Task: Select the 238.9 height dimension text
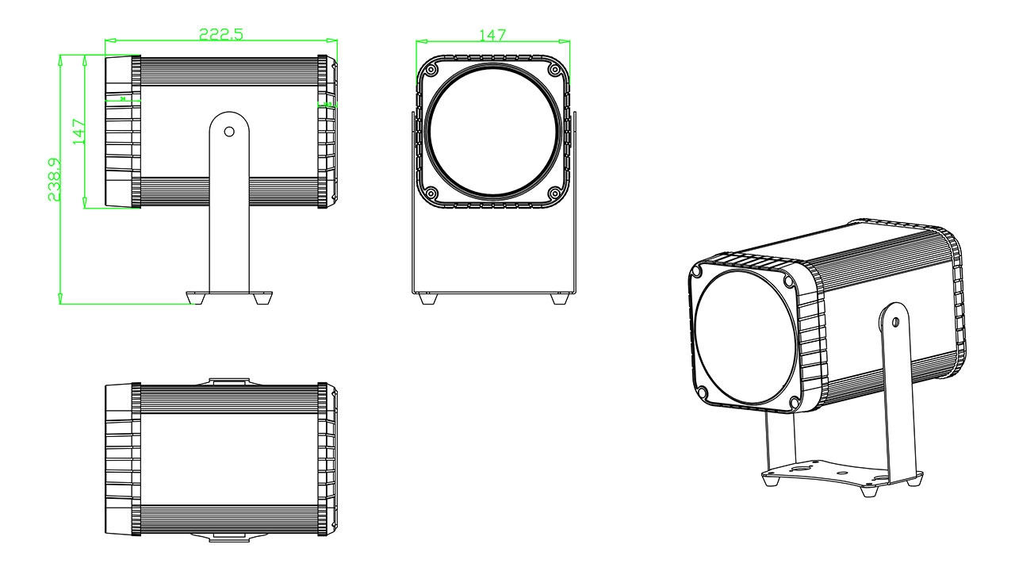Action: point(55,179)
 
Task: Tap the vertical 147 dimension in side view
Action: point(78,131)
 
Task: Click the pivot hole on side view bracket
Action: point(229,132)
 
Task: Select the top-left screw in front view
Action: point(431,70)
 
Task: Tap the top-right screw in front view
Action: point(554,70)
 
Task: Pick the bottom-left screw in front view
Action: point(431,193)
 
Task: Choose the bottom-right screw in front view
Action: point(554,193)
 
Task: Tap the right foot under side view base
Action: point(262,299)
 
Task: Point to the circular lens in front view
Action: point(492,132)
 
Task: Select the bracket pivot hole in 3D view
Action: point(895,322)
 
